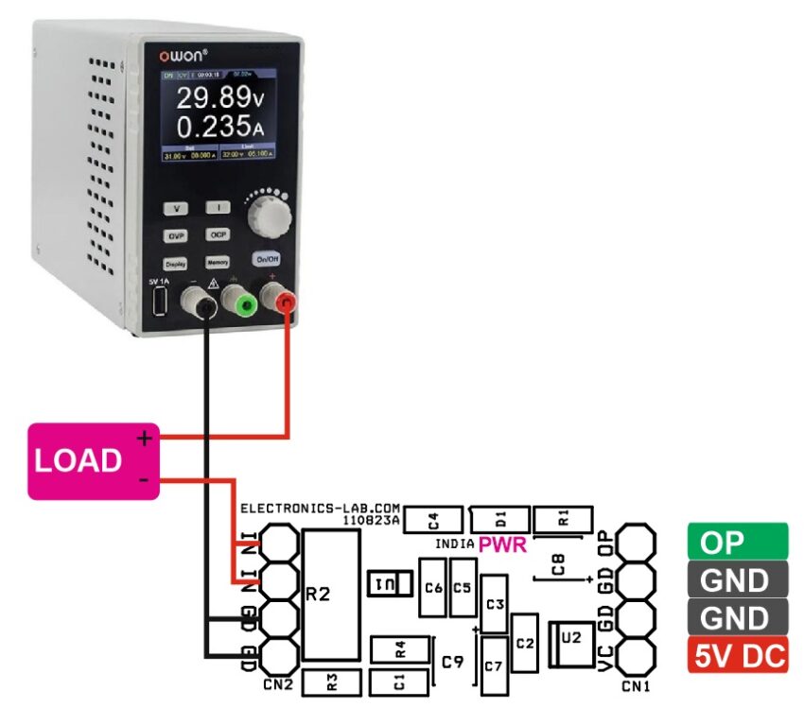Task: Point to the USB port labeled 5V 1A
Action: click(x=158, y=303)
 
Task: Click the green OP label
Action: click(x=737, y=544)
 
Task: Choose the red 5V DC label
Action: click(x=737, y=655)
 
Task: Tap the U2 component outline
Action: click(x=571, y=640)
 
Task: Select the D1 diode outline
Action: click(x=500, y=518)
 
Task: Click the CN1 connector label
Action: click(x=637, y=684)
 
